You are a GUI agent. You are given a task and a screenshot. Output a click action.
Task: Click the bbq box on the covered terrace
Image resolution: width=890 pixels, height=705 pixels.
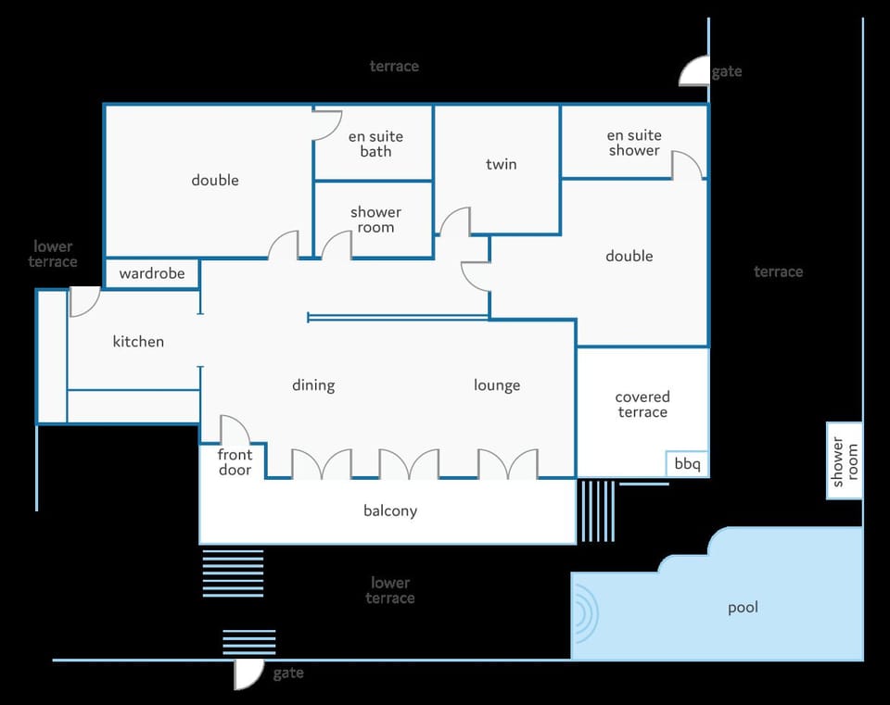(x=687, y=464)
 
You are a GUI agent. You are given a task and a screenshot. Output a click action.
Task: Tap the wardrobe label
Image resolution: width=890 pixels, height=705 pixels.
(x=152, y=273)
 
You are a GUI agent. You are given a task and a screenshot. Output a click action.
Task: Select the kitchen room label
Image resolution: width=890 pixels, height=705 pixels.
(x=138, y=342)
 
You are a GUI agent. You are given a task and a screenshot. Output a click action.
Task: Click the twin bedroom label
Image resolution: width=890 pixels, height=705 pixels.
(x=502, y=164)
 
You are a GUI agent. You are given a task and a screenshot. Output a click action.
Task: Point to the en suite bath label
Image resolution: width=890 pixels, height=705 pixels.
(x=375, y=145)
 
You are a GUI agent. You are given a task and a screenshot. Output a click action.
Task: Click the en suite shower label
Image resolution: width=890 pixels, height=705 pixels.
(x=634, y=143)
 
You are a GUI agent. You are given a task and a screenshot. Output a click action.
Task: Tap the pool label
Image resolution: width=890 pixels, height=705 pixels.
(x=743, y=608)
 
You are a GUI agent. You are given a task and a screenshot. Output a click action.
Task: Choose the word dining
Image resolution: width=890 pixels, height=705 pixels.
(x=313, y=385)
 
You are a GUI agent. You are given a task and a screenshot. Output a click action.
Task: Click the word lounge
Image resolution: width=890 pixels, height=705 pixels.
(x=497, y=385)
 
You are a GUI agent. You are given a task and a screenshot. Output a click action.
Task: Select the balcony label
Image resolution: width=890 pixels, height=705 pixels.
(x=390, y=510)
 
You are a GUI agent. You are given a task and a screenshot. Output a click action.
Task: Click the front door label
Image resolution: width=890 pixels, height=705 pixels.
(x=235, y=462)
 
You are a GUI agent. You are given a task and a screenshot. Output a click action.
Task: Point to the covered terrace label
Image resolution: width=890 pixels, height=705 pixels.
(x=642, y=405)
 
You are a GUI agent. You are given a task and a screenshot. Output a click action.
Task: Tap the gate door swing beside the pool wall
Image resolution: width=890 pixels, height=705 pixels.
(x=694, y=71)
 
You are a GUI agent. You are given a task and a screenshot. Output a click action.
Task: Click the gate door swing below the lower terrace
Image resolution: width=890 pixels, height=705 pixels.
(x=249, y=675)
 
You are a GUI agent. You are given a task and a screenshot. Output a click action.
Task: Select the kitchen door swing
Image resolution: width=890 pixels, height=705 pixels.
(x=84, y=302)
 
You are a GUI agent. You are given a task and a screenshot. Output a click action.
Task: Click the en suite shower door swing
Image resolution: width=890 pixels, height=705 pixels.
(x=687, y=165)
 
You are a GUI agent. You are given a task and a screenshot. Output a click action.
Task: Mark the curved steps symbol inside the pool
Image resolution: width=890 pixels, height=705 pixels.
(x=586, y=613)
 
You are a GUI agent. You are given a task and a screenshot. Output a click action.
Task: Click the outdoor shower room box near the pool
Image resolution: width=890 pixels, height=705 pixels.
(x=845, y=460)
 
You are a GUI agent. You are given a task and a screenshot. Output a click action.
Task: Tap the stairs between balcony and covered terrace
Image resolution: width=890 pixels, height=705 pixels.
(x=596, y=511)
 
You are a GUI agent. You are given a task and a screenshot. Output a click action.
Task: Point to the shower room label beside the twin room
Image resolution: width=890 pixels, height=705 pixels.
(x=375, y=220)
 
